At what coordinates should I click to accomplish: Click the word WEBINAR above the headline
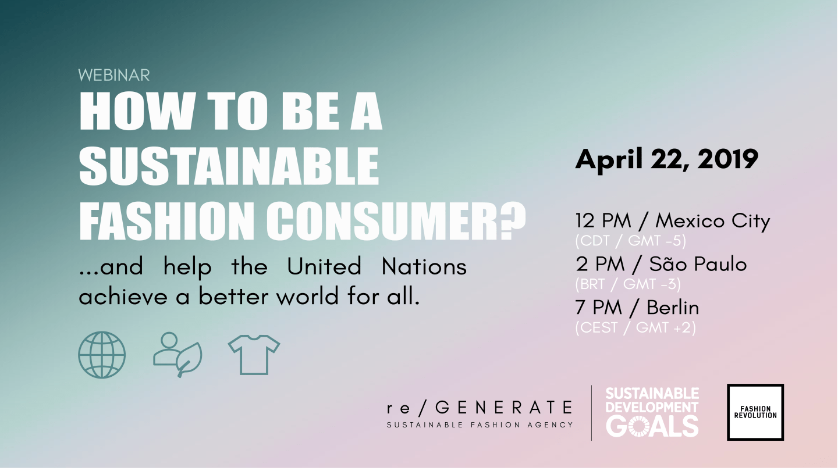coord(113,76)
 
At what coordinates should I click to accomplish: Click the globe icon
coord(102,355)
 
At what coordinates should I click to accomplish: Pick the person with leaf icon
coord(177,354)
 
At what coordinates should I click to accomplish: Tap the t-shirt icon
coord(254,355)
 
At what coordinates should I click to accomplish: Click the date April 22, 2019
coord(667,159)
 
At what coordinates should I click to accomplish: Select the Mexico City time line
coord(673,220)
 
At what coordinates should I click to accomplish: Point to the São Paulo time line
coord(661,264)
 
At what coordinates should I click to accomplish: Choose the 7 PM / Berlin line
coord(637,308)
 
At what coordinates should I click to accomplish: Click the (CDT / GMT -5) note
coord(631,241)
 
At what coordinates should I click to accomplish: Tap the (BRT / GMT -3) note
coord(628,284)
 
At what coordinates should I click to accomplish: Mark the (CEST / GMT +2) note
coord(635,328)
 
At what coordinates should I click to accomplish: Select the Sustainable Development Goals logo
coord(652,412)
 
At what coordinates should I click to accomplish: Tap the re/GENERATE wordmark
coord(480,408)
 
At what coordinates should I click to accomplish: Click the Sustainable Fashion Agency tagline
coord(480,425)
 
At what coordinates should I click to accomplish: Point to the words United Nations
coord(377,266)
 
